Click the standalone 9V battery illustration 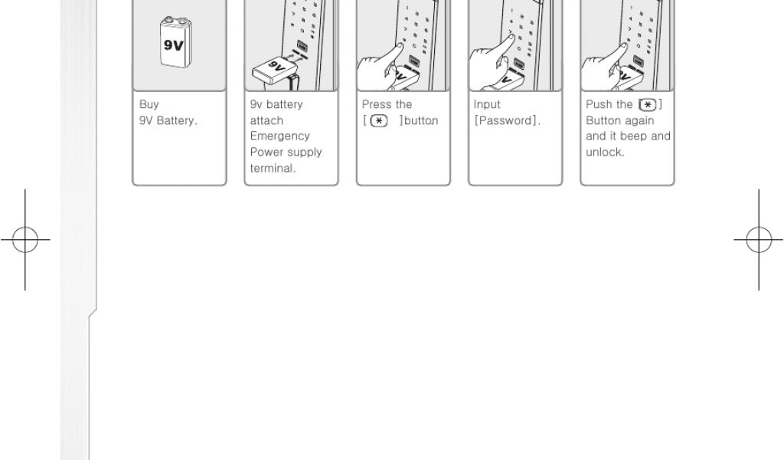tap(175, 42)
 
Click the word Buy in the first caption tap(149, 104)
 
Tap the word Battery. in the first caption tap(177, 120)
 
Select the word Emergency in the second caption tap(280, 136)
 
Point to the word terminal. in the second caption tap(273, 168)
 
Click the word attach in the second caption tap(266, 120)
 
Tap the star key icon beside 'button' tap(379, 120)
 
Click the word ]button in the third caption tap(419, 120)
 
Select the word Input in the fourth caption tap(487, 104)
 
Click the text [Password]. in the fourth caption tap(507, 120)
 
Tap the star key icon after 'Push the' tap(648, 105)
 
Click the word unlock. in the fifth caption tap(605, 152)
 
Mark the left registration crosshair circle tap(25, 240)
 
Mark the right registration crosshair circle tap(759, 240)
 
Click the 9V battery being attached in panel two tap(275, 71)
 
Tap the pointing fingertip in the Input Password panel tap(513, 38)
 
